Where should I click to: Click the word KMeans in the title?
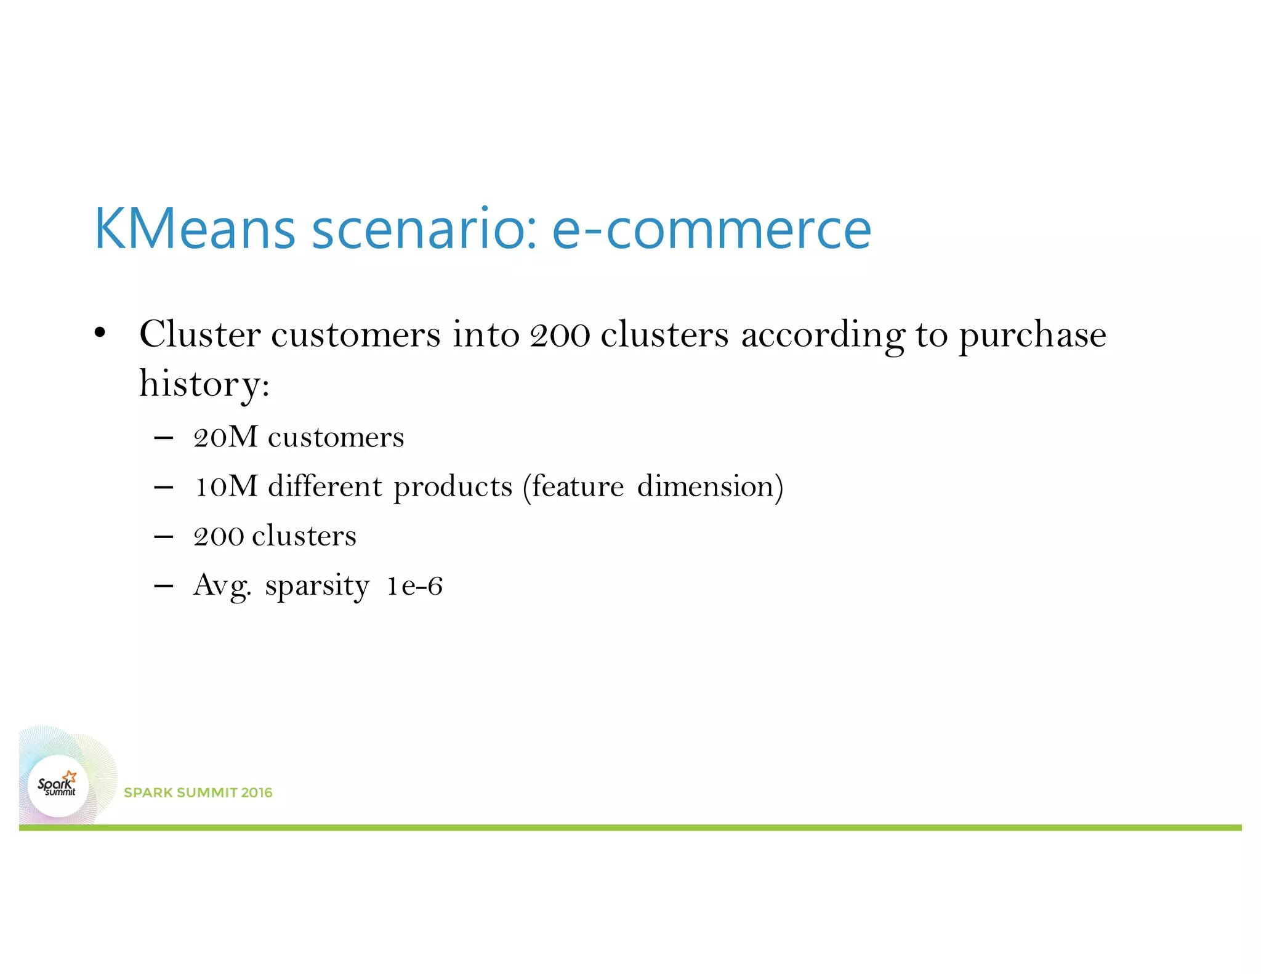[x=195, y=228]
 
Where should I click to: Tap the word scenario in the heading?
[x=424, y=230]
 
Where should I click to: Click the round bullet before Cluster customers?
[x=100, y=334]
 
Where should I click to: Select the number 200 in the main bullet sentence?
[x=560, y=336]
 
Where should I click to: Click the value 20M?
[x=225, y=438]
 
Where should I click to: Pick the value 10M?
[x=225, y=486]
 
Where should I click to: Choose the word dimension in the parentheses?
[x=705, y=486]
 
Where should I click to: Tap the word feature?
[x=578, y=486]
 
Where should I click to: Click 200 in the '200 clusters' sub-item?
[x=218, y=536]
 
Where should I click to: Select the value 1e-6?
[x=414, y=586]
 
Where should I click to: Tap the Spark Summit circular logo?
[x=58, y=786]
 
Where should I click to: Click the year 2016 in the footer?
[x=257, y=792]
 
